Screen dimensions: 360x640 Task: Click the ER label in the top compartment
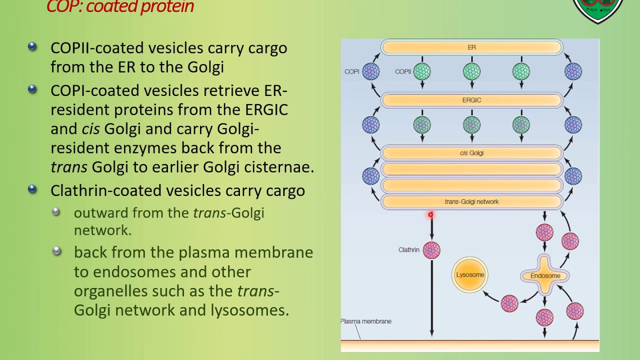471,47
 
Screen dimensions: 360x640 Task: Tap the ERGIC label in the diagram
471,100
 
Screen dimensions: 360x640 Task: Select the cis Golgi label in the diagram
471,153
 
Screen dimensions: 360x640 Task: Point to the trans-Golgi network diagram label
471,202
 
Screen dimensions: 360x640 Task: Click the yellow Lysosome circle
470,274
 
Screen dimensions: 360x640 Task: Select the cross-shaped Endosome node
545,275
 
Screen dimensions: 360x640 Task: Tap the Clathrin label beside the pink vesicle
408,250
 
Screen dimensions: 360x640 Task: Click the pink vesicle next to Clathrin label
431,250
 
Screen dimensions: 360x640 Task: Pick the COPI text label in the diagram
351,71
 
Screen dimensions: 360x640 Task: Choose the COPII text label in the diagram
403,71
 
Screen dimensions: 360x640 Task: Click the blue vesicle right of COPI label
370,71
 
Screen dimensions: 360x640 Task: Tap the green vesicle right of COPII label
422,71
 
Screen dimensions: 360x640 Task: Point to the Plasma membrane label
366,321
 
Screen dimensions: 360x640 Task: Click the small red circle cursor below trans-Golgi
430,215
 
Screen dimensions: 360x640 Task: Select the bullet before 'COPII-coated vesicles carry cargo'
32,46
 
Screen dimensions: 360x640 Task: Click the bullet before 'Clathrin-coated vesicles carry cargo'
32,189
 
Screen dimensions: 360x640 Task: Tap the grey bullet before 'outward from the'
56,212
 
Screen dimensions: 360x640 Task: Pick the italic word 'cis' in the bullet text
90,129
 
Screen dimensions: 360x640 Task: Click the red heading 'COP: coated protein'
120,7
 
